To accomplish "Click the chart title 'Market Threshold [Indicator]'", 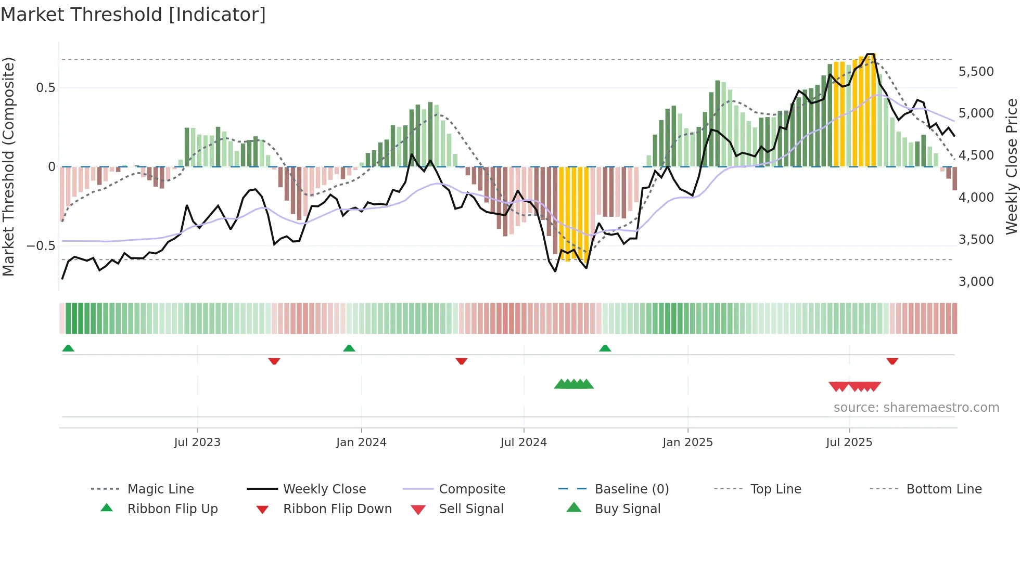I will point(133,15).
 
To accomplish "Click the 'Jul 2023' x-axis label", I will point(197,442).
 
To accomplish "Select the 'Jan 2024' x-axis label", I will point(361,442).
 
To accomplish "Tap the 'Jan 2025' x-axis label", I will point(687,442).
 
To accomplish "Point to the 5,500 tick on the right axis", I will point(976,72).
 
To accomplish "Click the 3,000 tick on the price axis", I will point(976,282).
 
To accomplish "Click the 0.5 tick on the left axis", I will point(46,88).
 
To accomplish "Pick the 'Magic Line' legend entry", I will point(160,489).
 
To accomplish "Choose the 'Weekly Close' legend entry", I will point(324,489).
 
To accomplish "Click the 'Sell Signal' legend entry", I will point(471,509).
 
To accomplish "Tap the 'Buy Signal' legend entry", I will point(627,509).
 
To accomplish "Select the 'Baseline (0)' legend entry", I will point(631,489).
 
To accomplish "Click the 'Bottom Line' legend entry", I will point(943,489).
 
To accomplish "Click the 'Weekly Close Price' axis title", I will point(1011,166).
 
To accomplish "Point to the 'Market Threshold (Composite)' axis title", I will point(8,166).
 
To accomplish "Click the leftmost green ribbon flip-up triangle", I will point(68,348).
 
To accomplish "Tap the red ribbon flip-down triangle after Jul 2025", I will point(892,361).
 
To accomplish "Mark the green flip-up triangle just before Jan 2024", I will point(349,348).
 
